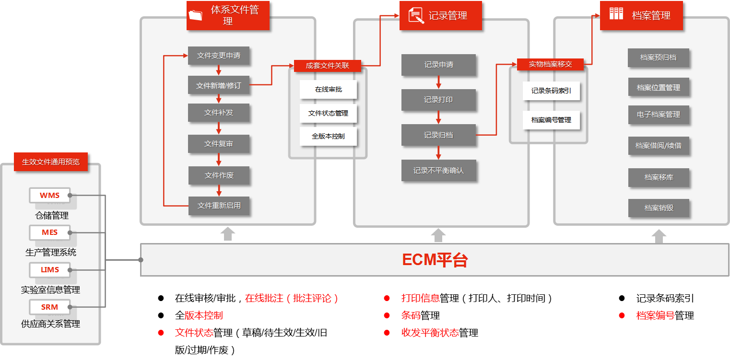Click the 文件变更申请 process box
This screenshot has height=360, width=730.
219,56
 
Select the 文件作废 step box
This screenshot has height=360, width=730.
219,175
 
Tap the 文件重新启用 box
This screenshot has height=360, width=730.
219,206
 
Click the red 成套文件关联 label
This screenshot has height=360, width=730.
327,65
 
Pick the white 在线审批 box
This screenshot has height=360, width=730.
328,89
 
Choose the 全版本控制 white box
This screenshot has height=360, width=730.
328,136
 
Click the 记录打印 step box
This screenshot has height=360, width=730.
438,100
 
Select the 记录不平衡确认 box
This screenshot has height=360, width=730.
438,170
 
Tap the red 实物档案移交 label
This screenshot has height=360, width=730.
550,64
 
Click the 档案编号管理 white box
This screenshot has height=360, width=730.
551,120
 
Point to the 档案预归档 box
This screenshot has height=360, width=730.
658,58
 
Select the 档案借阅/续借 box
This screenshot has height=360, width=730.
658,145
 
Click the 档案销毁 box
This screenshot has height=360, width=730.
659,208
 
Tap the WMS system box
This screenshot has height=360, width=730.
49,195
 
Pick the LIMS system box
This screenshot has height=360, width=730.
49,269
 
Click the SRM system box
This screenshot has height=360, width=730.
49,307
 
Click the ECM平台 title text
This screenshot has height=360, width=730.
435,260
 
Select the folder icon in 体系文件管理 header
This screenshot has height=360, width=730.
196,15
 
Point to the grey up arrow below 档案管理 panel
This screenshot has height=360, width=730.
659,236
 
